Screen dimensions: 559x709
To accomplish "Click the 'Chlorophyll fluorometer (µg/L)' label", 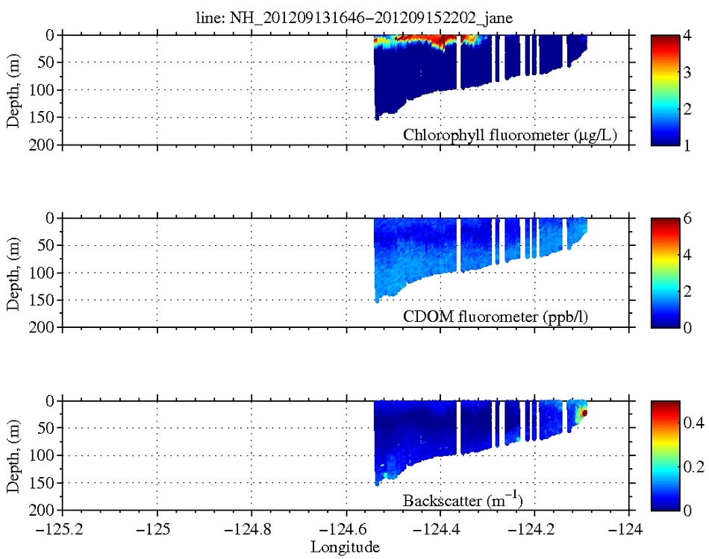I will (x=513, y=135).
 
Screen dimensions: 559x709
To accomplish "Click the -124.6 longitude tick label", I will (x=345, y=531).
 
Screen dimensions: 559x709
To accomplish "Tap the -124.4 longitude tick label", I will (x=440, y=531).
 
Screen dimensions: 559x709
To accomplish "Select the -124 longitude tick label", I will (x=628, y=531).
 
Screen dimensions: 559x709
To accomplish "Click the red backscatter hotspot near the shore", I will (x=585, y=412).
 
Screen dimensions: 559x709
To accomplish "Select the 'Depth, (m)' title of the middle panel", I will (x=13, y=272).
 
